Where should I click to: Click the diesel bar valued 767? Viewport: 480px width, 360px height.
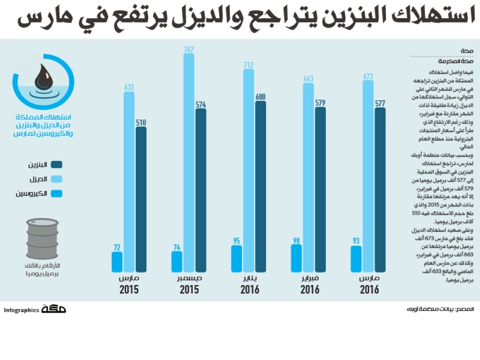[189, 163]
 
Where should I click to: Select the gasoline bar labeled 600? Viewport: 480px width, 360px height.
[260, 187]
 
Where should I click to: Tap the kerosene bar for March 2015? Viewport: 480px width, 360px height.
[117, 262]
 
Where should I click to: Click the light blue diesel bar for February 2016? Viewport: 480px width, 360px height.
[308, 178]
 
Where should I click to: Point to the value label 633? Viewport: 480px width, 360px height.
[129, 87]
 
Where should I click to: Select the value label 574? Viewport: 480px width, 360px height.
[201, 104]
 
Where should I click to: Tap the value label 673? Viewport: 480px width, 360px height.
[368, 76]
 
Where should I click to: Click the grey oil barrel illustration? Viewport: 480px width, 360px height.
[42, 239]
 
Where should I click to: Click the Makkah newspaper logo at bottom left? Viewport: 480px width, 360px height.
[53, 310]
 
